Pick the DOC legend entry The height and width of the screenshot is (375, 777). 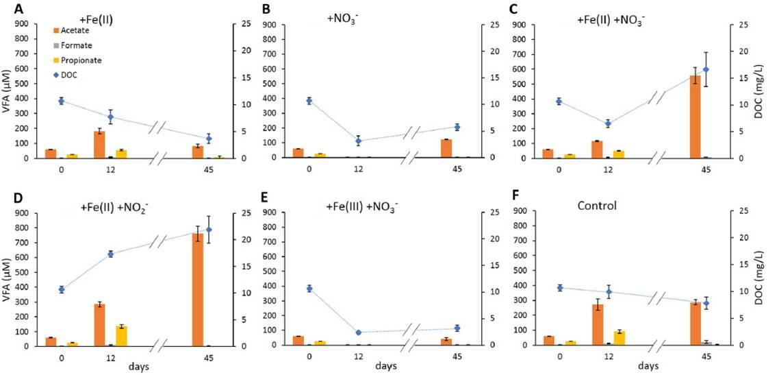point(66,75)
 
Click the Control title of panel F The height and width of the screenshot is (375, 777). point(597,205)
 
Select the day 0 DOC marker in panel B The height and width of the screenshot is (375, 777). point(309,101)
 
